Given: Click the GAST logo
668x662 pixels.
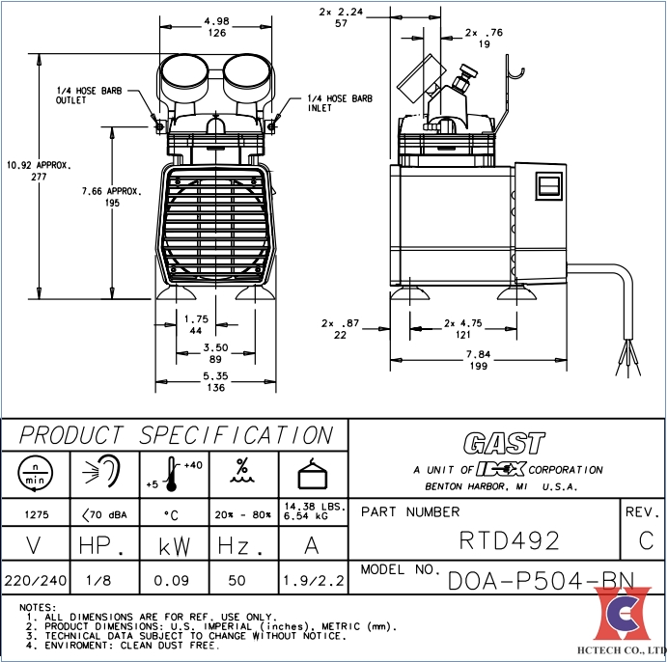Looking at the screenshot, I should click(503, 444).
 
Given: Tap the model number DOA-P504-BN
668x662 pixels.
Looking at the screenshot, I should click(540, 580).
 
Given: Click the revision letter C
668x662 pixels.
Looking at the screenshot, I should click(646, 540).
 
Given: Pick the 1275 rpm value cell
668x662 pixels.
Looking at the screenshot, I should click(36, 514).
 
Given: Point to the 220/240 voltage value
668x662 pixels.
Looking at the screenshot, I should click(36, 580).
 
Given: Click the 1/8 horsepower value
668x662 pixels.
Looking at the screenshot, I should click(104, 580).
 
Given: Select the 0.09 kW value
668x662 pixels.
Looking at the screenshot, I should click(174, 580).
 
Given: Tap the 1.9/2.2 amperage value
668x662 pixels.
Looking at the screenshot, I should click(312, 580).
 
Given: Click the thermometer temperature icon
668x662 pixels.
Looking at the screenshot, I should click(175, 474).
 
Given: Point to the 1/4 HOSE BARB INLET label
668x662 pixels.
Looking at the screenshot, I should click(339, 103).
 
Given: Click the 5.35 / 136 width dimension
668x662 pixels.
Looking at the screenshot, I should click(215, 382).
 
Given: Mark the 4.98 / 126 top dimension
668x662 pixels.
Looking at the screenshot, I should click(216, 27).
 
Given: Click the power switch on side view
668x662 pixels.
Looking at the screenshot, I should click(547, 188).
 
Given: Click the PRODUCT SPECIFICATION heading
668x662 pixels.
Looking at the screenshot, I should click(177, 435).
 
